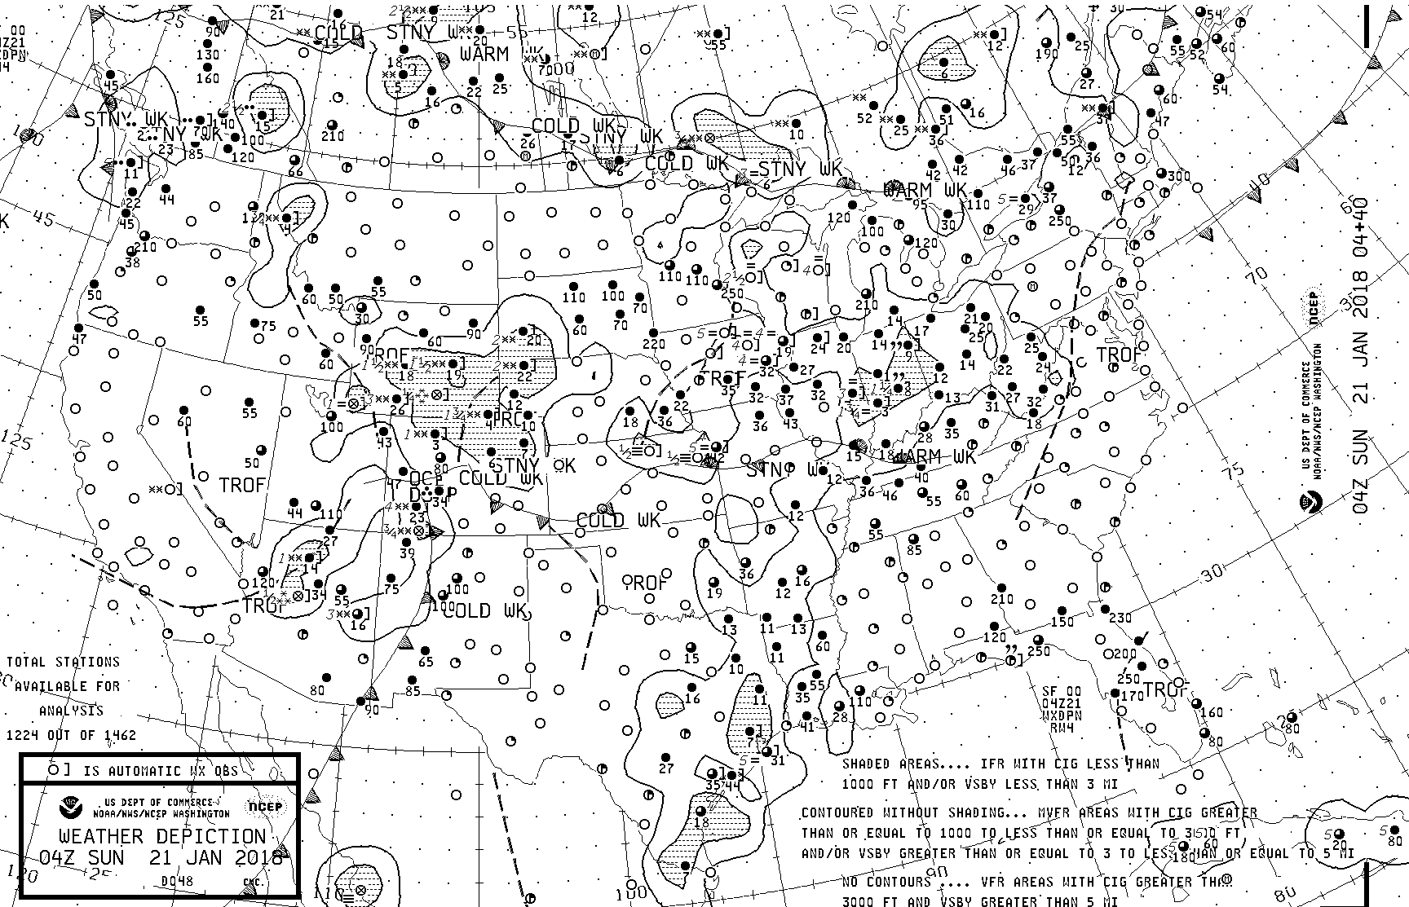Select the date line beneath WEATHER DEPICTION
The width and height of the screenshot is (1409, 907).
pos(161,858)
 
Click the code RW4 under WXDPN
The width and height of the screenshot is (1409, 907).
pos(1061,727)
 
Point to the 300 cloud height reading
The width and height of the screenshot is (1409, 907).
pos(1179,176)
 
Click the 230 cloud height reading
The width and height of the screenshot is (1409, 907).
pos(1121,618)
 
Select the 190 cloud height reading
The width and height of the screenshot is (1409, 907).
pos(1046,55)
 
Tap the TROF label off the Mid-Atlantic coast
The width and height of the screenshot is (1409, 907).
pos(1120,355)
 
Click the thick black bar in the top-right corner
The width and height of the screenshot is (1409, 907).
pos(1367,29)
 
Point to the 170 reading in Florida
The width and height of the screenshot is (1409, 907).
pos(1133,696)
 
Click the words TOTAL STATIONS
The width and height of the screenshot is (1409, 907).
pos(64,663)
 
